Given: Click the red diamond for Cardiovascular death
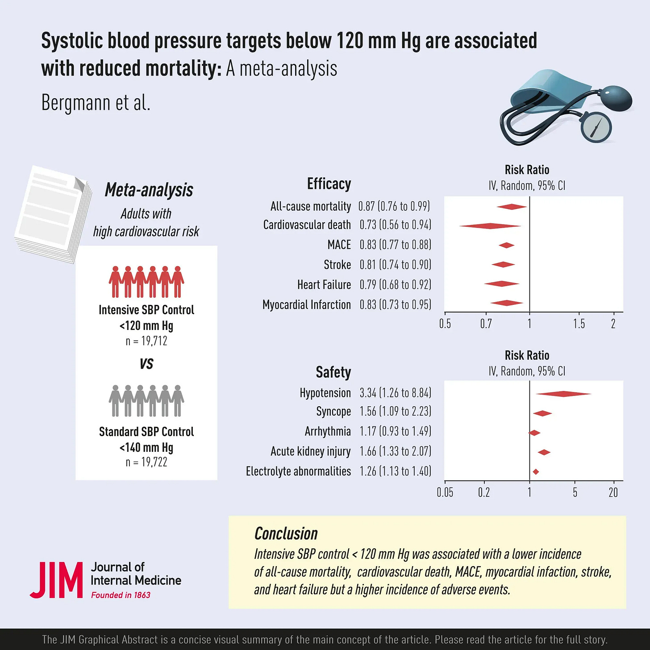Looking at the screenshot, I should [490, 226].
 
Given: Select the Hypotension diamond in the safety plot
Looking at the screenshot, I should [563, 394].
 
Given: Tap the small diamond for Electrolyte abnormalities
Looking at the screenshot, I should [536, 472].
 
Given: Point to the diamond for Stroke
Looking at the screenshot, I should [503, 264].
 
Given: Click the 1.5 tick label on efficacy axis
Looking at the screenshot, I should [579, 324].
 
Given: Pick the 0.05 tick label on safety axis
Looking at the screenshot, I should [445, 492].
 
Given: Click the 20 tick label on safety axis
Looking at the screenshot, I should [613, 492].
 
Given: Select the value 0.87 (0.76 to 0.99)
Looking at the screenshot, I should [394, 206].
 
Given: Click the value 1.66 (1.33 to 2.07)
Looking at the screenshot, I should [396, 451].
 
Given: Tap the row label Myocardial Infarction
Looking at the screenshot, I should [307, 305].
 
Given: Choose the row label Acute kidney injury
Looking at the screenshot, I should [311, 451].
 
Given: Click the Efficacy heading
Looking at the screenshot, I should [329, 184].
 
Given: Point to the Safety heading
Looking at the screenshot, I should [333, 372].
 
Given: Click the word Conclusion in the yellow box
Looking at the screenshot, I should [286, 533].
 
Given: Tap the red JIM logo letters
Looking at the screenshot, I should [57, 580].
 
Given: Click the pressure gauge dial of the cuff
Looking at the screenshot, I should [596, 127].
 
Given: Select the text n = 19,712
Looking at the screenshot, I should [146, 341].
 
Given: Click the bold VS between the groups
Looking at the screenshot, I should [146, 364].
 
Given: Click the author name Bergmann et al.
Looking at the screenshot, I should [96, 103].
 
